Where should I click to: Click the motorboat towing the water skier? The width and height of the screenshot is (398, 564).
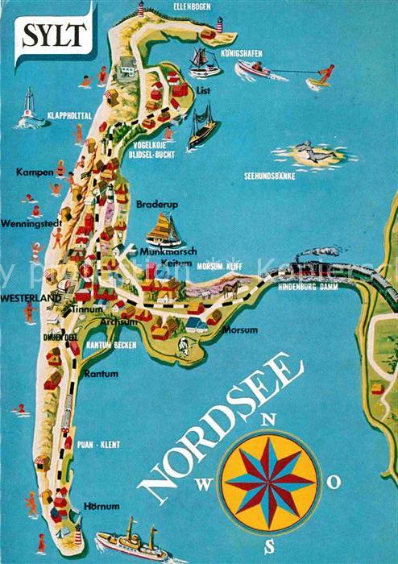click(255, 70)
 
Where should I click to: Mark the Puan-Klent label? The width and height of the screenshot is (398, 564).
click(99, 443)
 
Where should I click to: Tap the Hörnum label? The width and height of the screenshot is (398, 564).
click(101, 506)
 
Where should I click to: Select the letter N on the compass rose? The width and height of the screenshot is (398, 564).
click(271, 418)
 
